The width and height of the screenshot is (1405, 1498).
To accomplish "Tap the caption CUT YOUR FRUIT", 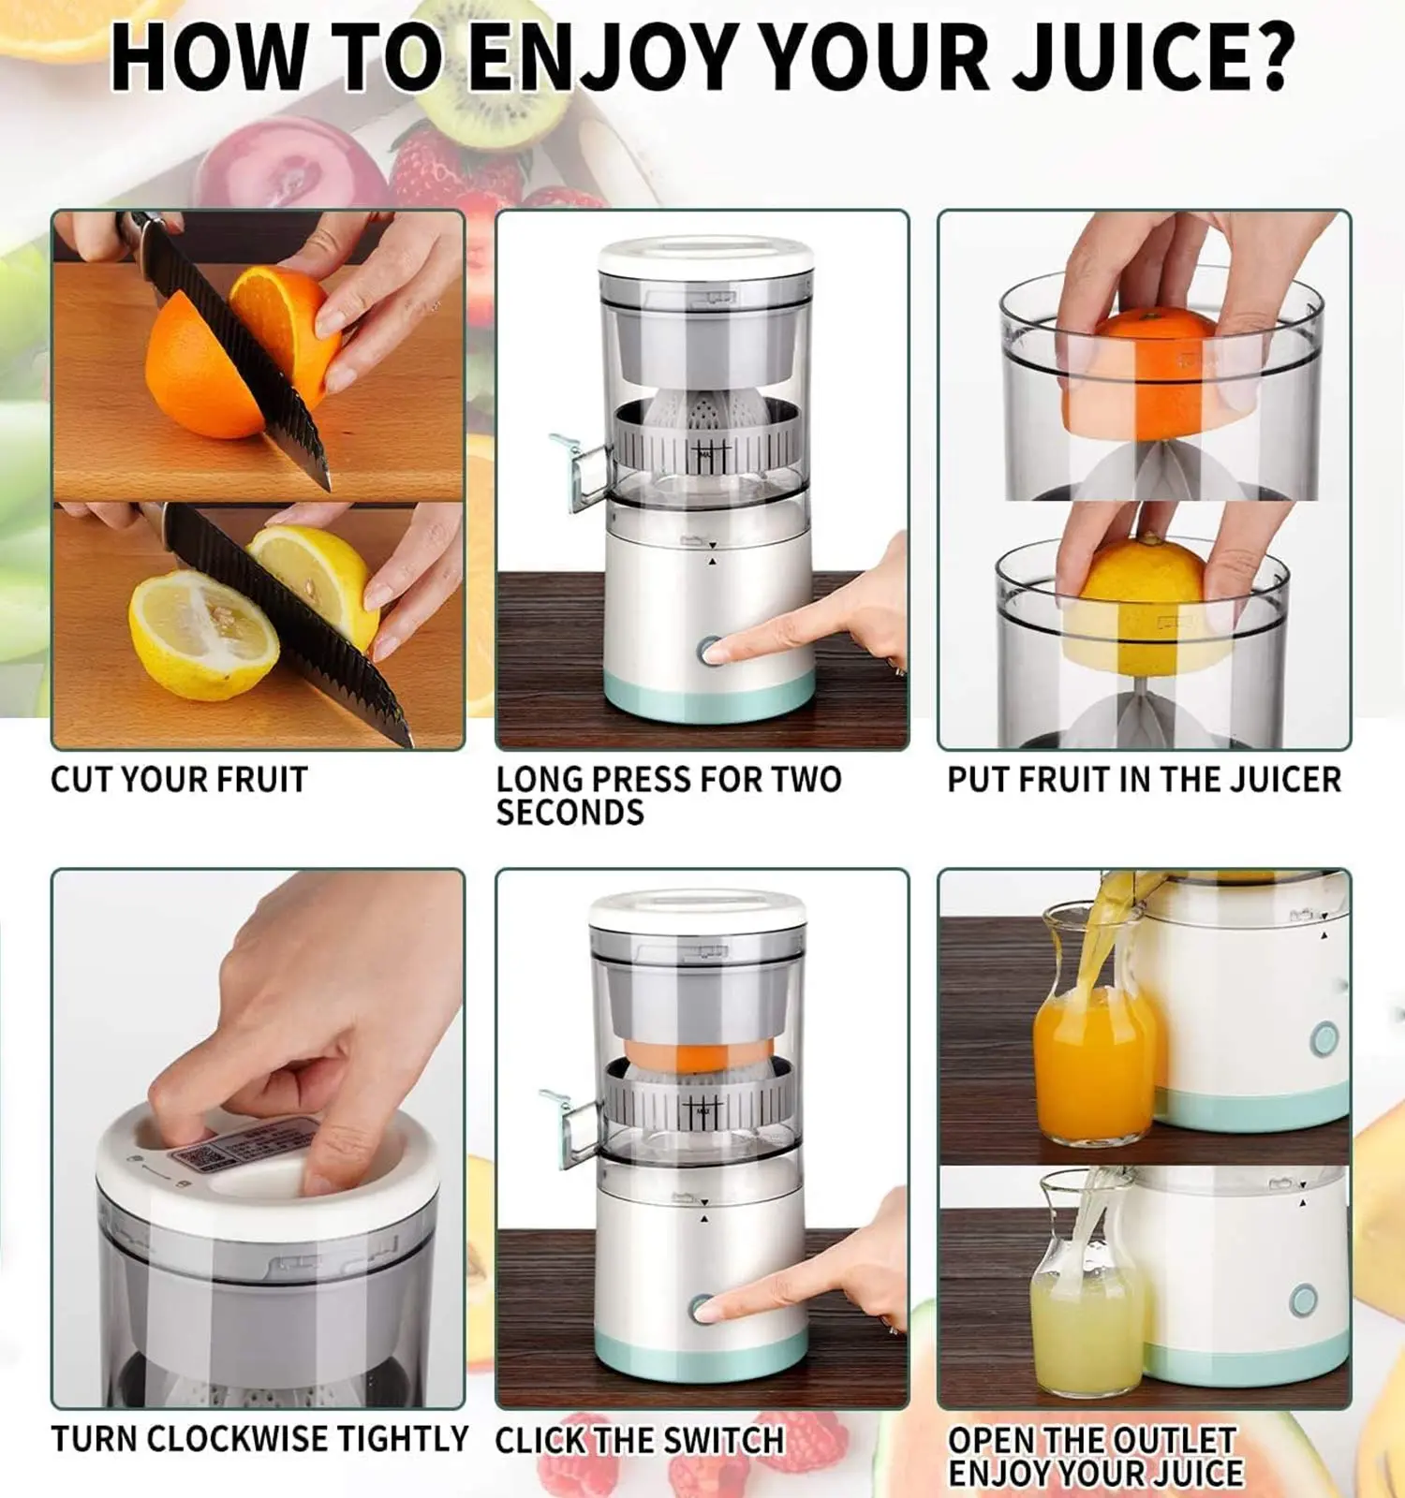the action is [x=179, y=779].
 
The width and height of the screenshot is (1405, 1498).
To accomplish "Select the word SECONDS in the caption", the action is [x=569, y=813].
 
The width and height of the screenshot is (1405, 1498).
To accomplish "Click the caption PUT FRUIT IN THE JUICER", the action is [x=1144, y=779].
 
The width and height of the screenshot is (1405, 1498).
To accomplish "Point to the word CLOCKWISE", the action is [x=237, y=1439].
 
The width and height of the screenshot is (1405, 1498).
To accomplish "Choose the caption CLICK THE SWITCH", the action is [x=639, y=1440].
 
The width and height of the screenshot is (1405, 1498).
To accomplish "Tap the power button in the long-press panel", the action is [x=709, y=651].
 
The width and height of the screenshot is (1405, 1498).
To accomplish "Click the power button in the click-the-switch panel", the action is [x=702, y=1308].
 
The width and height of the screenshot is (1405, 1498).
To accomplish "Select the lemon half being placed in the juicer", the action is [x=1143, y=604].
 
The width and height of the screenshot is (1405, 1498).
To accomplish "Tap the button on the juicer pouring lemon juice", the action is [x=1303, y=1300].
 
